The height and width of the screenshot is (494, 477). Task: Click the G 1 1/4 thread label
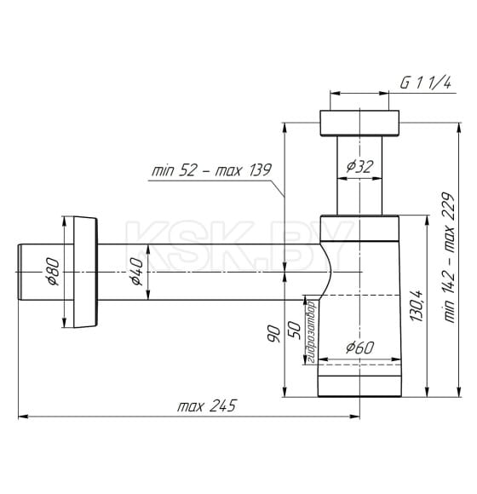425,83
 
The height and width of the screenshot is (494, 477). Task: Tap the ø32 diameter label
359,166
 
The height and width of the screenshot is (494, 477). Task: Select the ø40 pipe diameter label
137,272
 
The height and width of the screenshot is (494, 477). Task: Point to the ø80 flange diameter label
52,272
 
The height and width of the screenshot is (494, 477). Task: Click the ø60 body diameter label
359,348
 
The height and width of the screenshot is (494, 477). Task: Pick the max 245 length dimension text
207,405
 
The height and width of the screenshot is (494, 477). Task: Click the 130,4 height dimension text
417,306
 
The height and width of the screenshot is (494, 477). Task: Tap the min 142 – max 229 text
449,257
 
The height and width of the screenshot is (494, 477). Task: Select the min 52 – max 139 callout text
211,170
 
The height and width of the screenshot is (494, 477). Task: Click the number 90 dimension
273,334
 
